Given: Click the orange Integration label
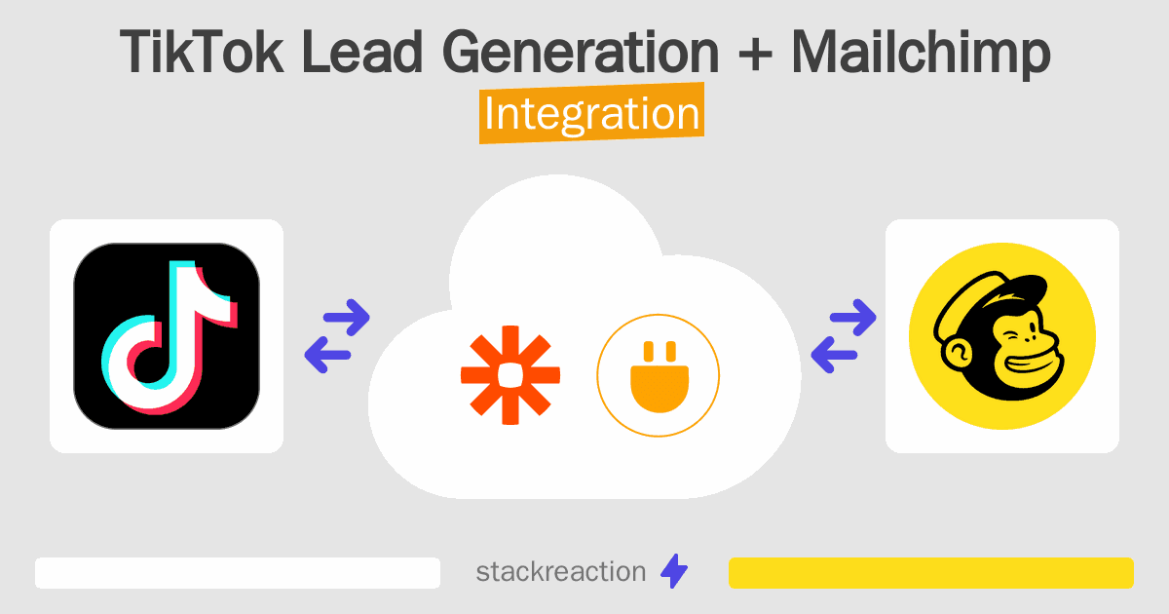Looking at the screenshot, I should pyautogui.click(x=591, y=114).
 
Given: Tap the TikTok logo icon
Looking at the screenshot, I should pyautogui.click(x=167, y=336).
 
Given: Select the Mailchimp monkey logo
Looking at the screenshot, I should pyautogui.click(x=1001, y=336).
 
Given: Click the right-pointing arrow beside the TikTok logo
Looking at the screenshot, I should pyautogui.click(x=347, y=317).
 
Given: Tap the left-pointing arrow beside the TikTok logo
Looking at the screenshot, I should pyautogui.click(x=325, y=354).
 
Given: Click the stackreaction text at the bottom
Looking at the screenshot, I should pyautogui.click(x=560, y=572).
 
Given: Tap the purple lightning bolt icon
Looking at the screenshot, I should pyautogui.click(x=673, y=572).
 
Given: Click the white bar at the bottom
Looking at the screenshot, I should pyautogui.click(x=237, y=573).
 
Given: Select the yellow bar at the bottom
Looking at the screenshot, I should pyautogui.click(x=930, y=573).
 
